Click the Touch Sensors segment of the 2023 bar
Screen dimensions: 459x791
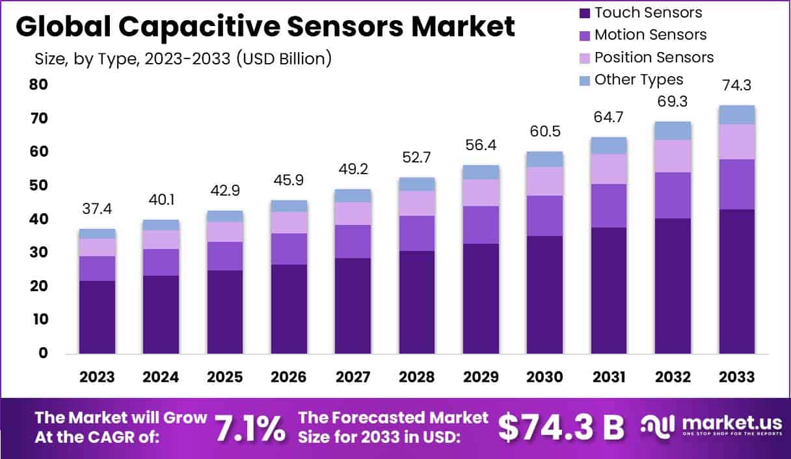click(x=97, y=317)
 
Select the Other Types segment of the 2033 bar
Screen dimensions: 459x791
click(x=736, y=114)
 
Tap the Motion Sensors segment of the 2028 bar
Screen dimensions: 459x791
click(x=417, y=233)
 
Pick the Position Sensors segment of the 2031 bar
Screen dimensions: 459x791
click(x=609, y=169)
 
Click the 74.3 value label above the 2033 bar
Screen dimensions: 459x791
click(x=736, y=85)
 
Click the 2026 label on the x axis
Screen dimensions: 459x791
click(x=289, y=377)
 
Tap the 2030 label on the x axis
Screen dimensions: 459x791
click(x=544, y=377)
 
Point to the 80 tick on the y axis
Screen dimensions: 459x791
click(x=38, y=85)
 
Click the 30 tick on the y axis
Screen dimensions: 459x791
click(x=38, y=253)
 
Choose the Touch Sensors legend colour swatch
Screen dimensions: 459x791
click(x=583, y=12)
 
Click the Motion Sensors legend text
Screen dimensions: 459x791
click(x=650, y=34)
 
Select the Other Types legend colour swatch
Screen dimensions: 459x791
click(x=583, y=80)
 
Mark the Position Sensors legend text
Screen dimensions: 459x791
click(x=654, y=57)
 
